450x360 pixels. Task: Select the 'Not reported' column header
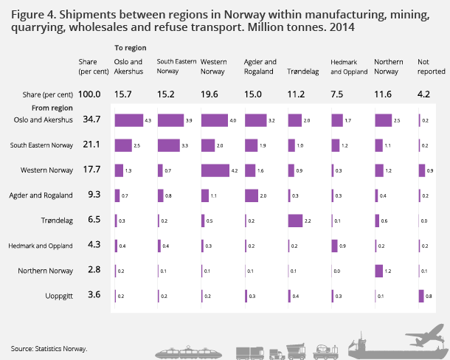point(431,66)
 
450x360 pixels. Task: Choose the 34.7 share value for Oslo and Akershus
point(93,119)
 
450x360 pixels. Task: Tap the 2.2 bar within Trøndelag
point(296,220)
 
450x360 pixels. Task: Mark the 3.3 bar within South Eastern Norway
point(169,145)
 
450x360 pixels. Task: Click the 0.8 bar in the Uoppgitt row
point(420,296)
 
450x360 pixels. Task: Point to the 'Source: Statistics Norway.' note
point(49,348)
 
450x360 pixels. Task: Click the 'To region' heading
point(130,48)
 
